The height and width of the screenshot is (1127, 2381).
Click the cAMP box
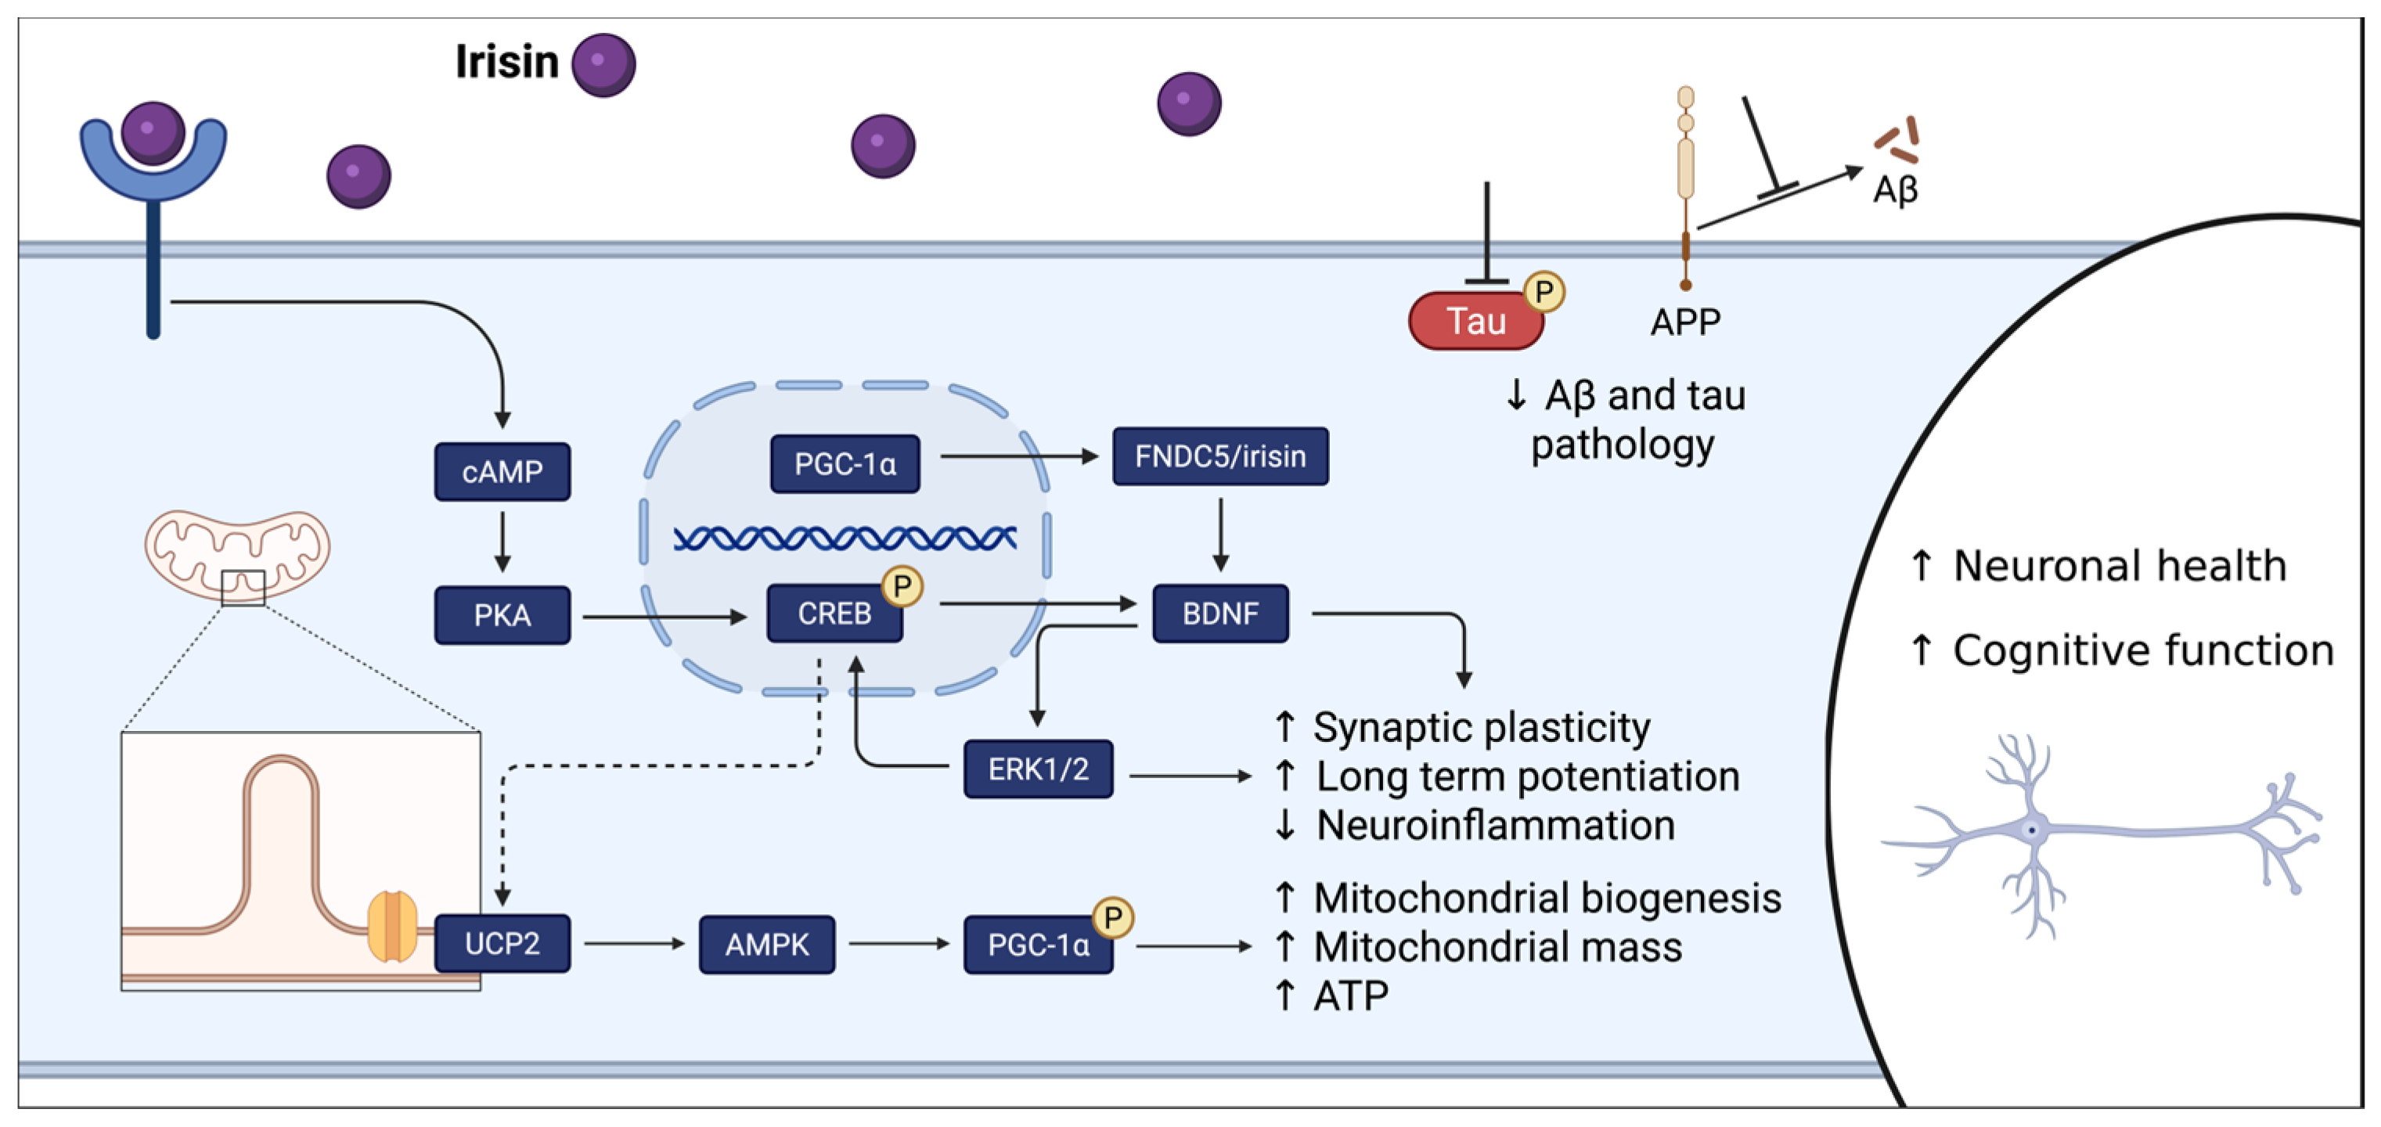point(502,471)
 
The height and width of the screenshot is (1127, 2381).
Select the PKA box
point(502,615)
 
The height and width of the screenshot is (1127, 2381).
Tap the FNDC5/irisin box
point(1220,455)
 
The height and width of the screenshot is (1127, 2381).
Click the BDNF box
point(1220,613)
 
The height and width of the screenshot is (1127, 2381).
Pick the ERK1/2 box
point(1038,769)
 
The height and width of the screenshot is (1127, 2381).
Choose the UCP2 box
point(502,943)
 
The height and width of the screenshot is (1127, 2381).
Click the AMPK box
point(767,944)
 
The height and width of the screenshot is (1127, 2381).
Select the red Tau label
point(1476,321)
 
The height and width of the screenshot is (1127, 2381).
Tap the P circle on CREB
point(902,586)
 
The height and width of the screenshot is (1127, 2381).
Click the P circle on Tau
point(1544,292)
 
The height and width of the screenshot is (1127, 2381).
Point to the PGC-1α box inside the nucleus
point(845,463)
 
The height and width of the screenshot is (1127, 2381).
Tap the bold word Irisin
point(506,62)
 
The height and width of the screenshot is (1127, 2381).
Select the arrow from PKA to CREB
point(665,616)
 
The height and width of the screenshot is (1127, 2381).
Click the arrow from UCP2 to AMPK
point(635,944)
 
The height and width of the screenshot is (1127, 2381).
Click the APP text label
point(1685,322)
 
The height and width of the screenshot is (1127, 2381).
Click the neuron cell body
point(2032,830)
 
